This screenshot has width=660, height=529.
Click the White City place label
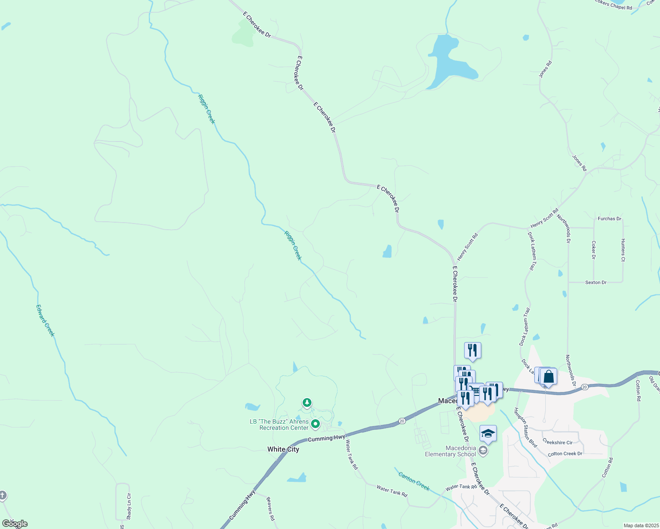283,449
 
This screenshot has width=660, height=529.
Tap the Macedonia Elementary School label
450,451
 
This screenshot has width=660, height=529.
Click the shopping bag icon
548,377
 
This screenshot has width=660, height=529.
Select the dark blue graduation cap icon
488,433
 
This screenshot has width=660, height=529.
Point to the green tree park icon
307,402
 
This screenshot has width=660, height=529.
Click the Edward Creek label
45,321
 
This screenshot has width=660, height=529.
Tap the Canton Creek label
414,481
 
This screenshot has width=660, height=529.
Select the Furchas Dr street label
609,219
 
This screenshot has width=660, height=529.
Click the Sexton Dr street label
596,283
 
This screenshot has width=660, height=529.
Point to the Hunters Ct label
623,250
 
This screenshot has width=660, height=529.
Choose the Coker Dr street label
594,250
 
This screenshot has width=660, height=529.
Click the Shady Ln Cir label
129,506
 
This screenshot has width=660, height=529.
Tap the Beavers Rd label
270,509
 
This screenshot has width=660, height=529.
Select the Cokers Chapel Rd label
613,5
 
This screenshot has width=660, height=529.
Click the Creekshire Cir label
558,442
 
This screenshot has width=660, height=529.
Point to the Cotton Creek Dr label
565,454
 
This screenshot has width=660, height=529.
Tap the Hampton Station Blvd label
525,428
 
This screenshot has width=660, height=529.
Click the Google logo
15,524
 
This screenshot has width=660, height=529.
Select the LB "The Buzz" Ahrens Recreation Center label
280,425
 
